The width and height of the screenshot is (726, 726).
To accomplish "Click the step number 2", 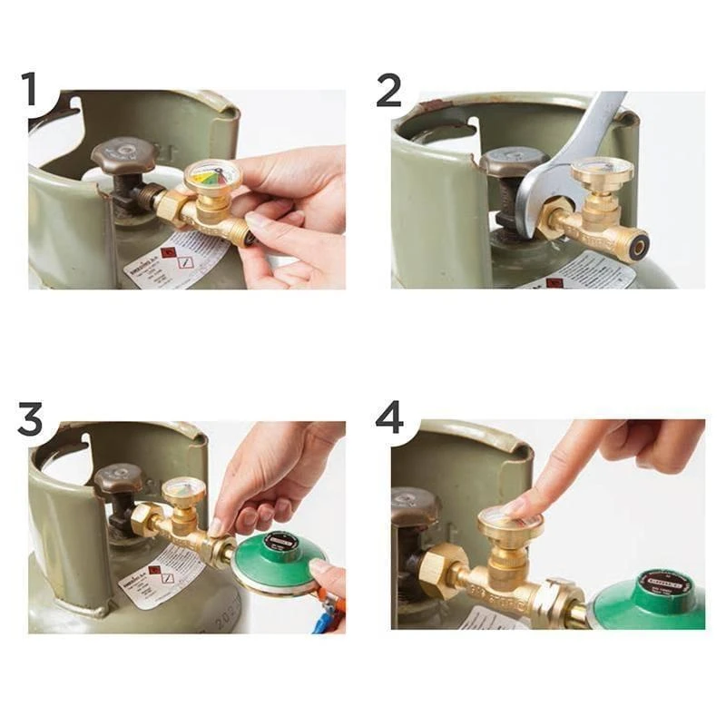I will (388, 91).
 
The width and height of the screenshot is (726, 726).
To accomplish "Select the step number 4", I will (389, 419).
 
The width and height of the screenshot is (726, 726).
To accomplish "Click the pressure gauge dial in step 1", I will (211, 175).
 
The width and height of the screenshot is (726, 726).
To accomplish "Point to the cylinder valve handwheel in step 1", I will (124, 155).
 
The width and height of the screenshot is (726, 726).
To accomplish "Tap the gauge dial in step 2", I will (602, 170).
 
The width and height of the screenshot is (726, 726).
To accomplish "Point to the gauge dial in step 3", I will (184, 491).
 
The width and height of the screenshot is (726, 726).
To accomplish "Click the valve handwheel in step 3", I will (118, 478).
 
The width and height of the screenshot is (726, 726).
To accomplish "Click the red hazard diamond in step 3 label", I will (153, 574).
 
